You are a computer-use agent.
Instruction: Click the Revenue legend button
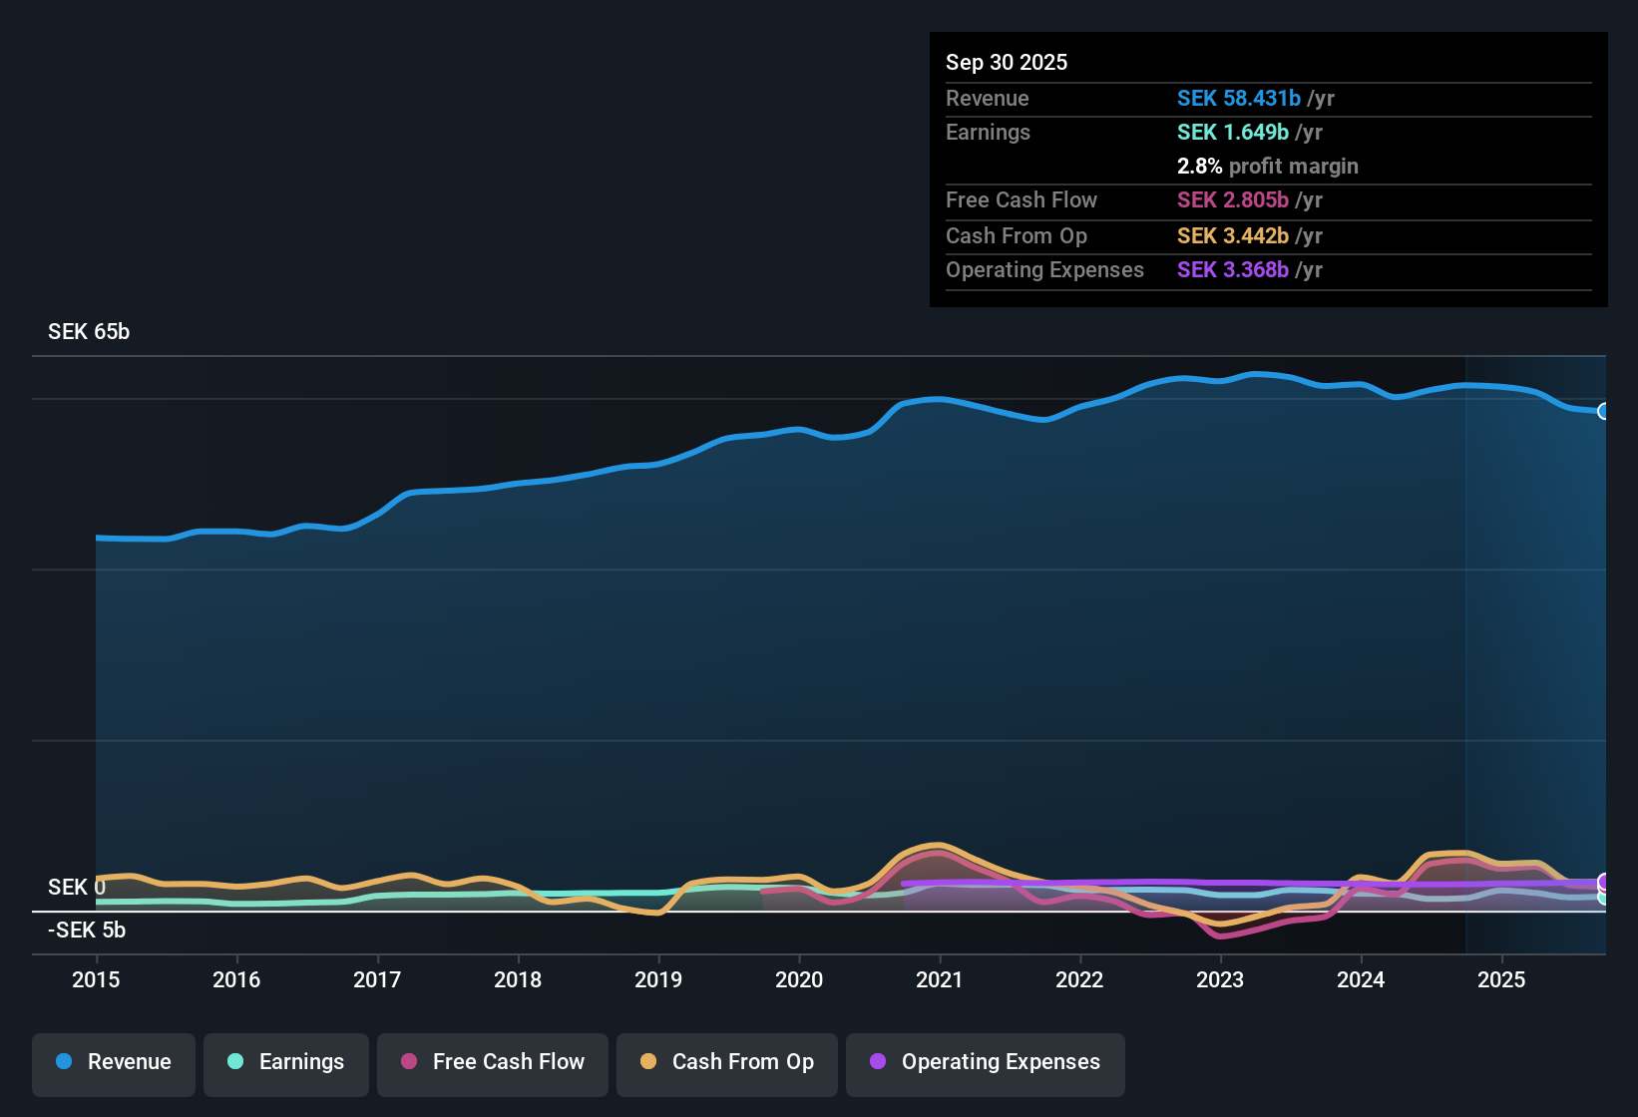coord(114,1062)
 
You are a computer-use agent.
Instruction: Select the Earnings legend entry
coord(286,1062)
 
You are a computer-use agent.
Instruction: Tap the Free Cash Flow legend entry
coord(493,1062)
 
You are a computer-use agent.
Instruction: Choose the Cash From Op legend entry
coord(727,1062)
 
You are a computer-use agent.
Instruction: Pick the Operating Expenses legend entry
coord(986,1062)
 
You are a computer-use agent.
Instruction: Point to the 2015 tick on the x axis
coord(96,979)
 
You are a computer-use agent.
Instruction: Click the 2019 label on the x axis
coord(658,979)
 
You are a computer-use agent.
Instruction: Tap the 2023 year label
coord(1220,979)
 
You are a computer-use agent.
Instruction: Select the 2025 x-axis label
coord(1501,979)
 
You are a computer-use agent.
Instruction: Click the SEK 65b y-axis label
coord(89,332)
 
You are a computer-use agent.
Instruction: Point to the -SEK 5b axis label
coord(87,931)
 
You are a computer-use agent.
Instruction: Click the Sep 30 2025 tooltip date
coord(1007,63)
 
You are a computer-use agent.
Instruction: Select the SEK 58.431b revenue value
coord(1238,99)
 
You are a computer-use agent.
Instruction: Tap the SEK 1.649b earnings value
coord(1232,133)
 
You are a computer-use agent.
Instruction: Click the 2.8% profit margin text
coord(1267,167)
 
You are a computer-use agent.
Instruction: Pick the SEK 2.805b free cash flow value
coord(1232,200)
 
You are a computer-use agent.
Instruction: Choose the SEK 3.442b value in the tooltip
coord(1232,236)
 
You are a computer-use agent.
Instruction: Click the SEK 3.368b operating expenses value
coord(1232,270)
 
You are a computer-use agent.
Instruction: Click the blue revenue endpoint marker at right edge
coord(1603,411)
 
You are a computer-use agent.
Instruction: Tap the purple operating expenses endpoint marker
coord(1603,882)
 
